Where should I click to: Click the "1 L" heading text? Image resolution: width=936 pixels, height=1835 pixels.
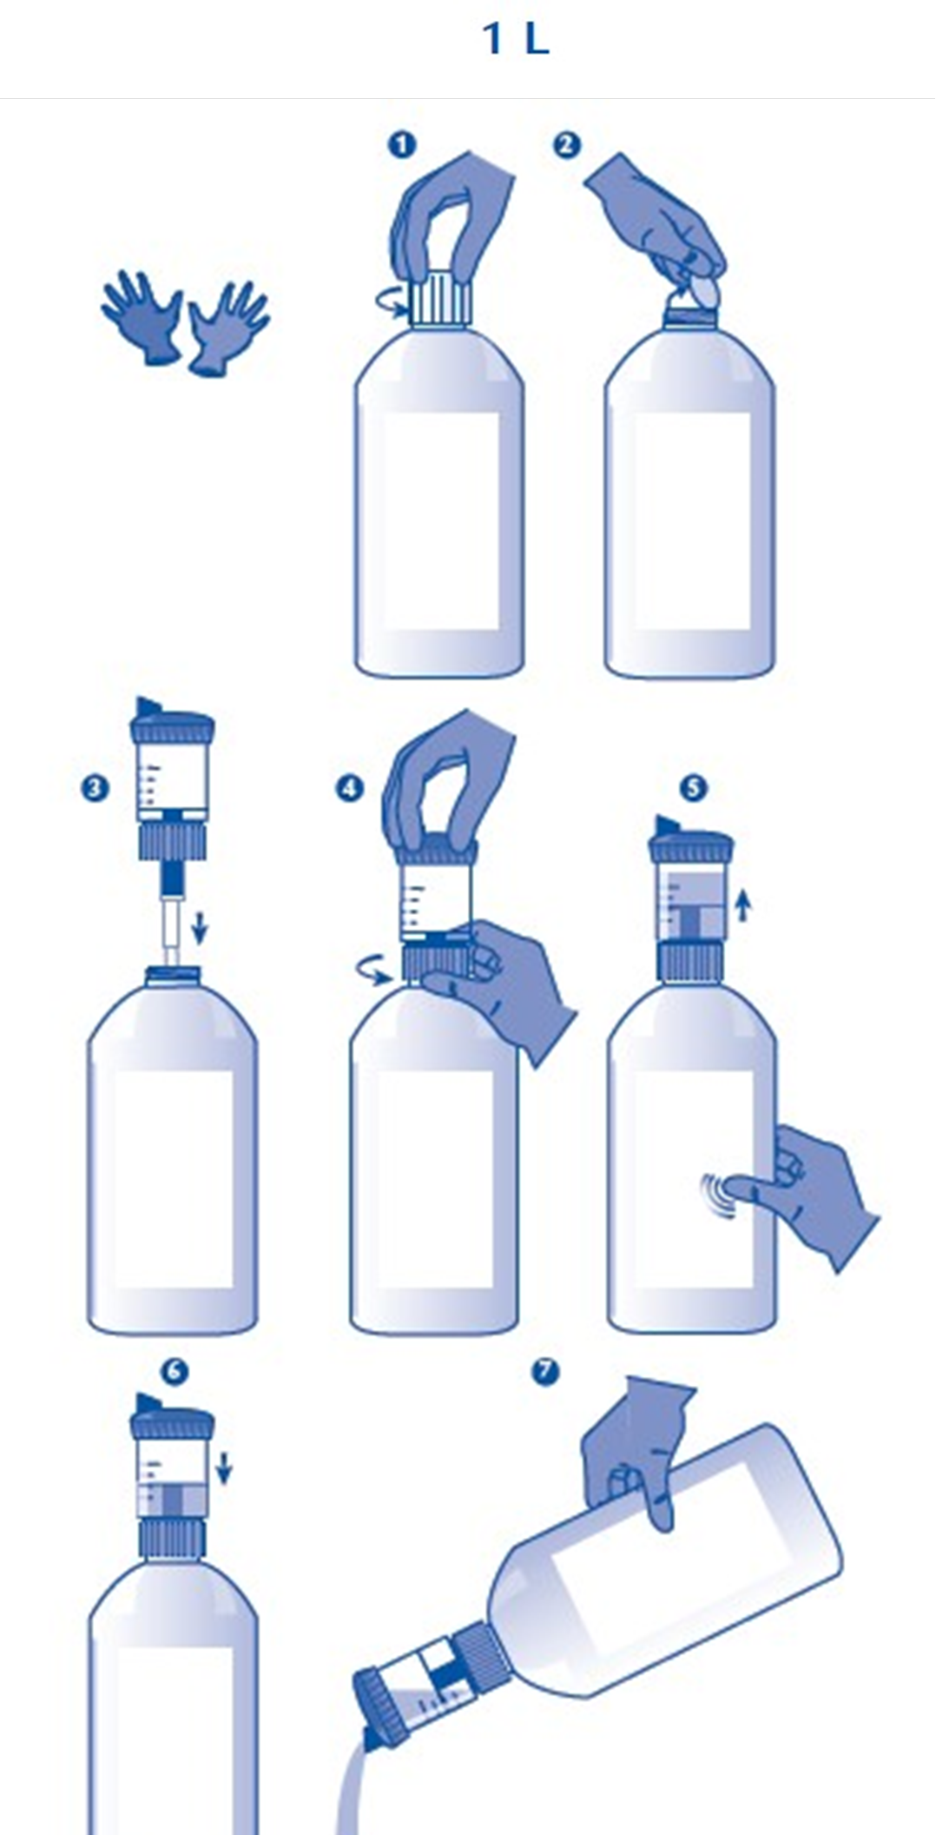pyautogui.click(x=516, y=39)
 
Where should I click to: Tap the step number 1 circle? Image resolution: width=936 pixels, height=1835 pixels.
pyautogui.click(x=402, y=144)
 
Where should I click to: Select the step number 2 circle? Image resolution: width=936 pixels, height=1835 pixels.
pyautogui.click(x=567, y=144)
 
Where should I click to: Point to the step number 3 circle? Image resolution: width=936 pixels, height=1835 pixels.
pyautogui.click(x=96, y=788)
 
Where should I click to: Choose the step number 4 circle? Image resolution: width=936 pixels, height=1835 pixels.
pyautogui.click(x=350, y=788)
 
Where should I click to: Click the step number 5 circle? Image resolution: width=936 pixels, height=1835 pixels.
pyautogui.click(x=693, y=788)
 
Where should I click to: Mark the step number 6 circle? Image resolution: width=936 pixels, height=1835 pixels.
pyautogui.click(x=175, y=1372)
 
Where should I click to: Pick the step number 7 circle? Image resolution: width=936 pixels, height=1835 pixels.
pyautogui.click(x=545, y=1372)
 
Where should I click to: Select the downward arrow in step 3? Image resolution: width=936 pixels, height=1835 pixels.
pyautogui.click(x=200, y=927)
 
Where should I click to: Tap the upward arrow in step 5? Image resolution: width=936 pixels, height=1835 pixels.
pyautogui.click(x=742, y=906)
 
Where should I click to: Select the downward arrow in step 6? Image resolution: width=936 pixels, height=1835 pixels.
pyautogui.click(x=224, y=1469)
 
